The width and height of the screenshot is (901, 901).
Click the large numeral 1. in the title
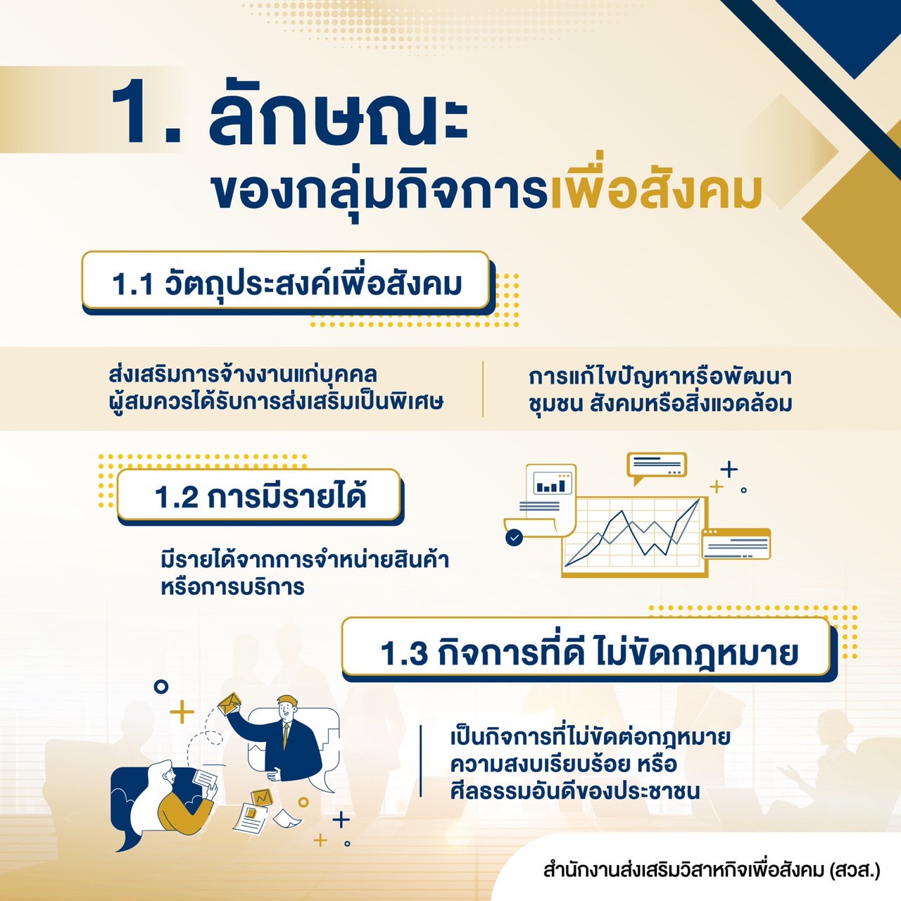146,111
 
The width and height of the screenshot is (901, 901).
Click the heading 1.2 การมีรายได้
260,497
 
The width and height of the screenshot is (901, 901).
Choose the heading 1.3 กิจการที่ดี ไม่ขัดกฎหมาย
588,653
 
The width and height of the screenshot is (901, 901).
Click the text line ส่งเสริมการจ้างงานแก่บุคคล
243,375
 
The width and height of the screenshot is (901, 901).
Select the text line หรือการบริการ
232,587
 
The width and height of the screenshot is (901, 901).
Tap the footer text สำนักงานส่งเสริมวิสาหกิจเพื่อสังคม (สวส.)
712,871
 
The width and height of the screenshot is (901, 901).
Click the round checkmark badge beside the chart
515,538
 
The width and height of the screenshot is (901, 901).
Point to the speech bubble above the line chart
657,466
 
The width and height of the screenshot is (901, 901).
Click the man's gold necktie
286,735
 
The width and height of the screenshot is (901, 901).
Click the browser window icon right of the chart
736,544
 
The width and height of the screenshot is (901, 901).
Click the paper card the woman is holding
204,779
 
